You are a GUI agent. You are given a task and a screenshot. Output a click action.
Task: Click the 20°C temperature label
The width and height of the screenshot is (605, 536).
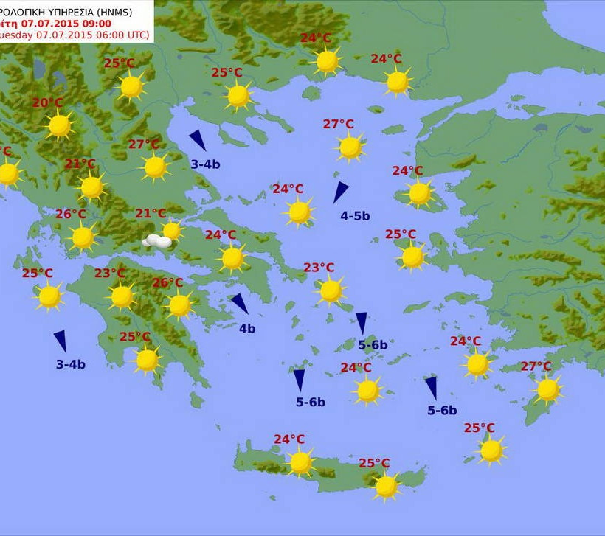point(47,102)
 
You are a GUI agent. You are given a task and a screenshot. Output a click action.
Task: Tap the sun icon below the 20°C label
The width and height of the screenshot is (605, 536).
point(59,126)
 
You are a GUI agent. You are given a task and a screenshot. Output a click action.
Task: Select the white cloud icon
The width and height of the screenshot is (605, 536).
point(157,240)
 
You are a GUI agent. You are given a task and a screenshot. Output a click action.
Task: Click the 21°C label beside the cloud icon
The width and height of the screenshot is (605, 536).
point(151,214)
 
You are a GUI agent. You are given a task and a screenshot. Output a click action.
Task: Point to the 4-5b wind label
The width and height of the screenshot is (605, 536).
point(355,216)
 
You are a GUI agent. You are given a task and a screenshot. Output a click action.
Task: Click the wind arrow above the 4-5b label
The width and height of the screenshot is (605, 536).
point(340,192)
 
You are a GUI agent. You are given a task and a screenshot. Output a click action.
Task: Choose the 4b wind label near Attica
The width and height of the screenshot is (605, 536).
point(246,328)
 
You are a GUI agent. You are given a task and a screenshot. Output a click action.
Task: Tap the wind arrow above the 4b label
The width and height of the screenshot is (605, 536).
point(239,303)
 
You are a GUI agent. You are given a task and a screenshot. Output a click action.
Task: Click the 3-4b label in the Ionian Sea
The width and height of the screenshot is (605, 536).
point(71,364)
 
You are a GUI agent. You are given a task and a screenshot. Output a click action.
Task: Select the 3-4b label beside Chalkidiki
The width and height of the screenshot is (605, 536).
point(205,164)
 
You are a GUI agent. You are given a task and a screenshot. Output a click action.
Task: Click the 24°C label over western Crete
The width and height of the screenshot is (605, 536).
point(289,439)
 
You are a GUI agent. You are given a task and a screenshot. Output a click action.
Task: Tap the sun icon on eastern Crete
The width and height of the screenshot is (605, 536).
point(386,486)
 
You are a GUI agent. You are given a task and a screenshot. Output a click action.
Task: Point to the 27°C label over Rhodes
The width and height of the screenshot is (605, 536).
point(536,366)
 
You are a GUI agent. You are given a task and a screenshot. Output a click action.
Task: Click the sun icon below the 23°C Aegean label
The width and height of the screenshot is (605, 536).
point(331,290)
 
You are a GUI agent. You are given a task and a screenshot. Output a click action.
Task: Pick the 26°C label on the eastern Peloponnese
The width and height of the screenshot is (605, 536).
point(167,282)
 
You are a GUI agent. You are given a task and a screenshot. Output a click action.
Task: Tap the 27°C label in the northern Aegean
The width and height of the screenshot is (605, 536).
point(338,124)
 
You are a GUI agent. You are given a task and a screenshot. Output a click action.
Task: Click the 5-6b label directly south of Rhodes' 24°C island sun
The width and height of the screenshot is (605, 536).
point(442,411)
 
